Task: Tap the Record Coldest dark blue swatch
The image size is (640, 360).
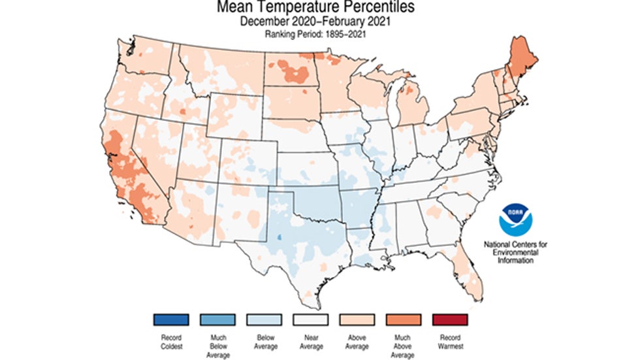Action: pyautogui.click(x=171, y=319)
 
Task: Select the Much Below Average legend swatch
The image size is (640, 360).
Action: pyautogui.click(x=217, y=319)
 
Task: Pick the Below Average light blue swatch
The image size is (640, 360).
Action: pyautogui.click(x=264, y=319)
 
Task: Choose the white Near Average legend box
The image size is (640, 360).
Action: pyautogui.click(x=311, y=319)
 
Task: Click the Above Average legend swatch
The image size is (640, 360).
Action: pyautogui.click(x=357, y=319)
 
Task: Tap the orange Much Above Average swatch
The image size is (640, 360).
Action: pyautogui.click(x=404, y=319)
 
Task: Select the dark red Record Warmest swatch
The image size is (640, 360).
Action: pyautogui.click(x=450, y=319)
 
